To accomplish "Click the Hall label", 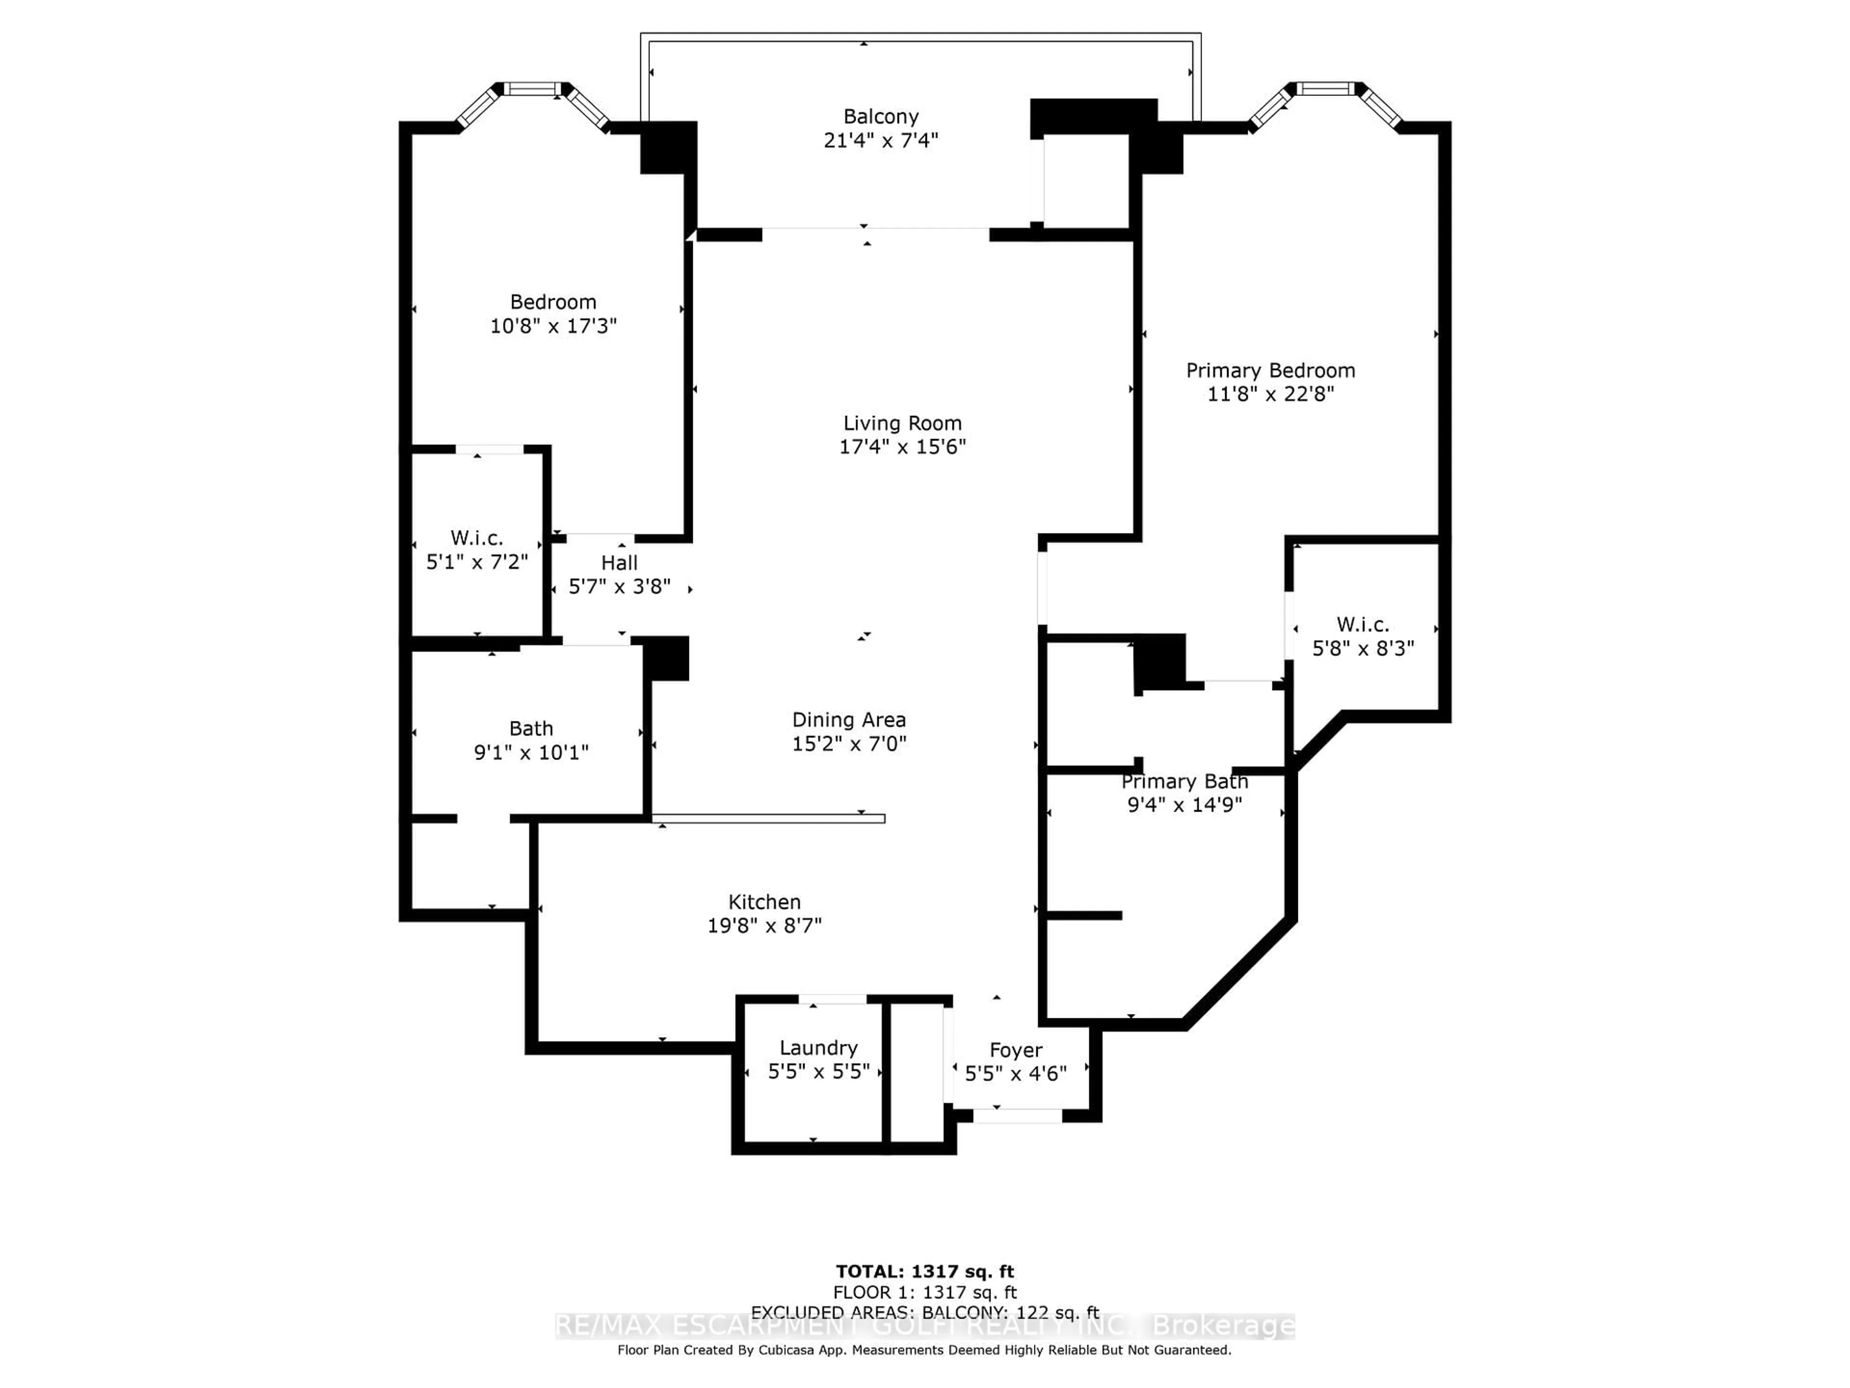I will point(619,563).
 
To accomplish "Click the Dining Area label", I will point(849,720).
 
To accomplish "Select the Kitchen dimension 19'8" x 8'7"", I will point(765,925).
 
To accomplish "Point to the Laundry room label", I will point(818,1047).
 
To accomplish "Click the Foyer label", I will point(1015,1050).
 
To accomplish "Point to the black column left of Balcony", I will point(667,148).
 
